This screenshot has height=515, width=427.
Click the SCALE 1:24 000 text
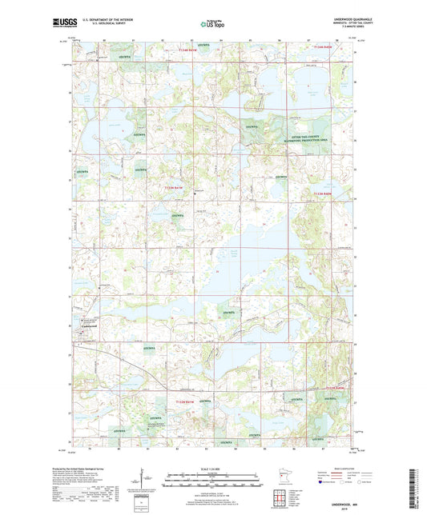(212, 469)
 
